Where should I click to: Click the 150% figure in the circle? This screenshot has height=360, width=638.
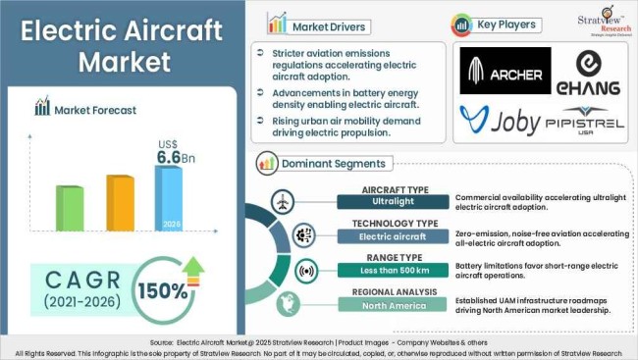pyautogui.click(x=168, y=292)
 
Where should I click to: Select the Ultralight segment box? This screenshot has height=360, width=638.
pyautogui.click(x=393, y=202)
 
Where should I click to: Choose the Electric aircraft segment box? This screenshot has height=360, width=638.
pyautogui.click(x=393, y=237)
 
